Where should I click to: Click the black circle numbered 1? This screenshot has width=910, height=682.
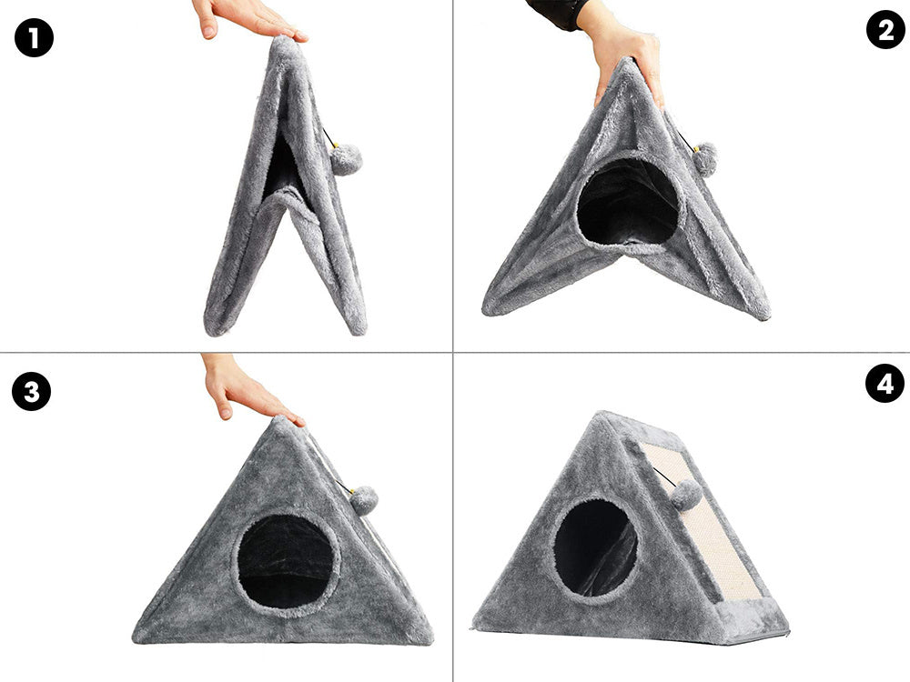(34, 38)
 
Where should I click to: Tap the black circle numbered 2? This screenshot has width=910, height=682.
(885, 30)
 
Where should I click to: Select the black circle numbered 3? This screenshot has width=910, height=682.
(31, 391)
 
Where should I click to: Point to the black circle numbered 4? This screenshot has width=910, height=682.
(885, 384)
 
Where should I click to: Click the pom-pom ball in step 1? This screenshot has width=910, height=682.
(346, 159)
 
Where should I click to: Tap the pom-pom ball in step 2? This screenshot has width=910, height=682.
(704, 159)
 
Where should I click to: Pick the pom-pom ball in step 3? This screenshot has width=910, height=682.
(364, 500)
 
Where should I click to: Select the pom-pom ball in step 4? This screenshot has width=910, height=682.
(687, 495)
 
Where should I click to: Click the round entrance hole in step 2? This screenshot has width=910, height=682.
(628, 201)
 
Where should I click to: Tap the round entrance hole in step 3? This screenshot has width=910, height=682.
(286, 561)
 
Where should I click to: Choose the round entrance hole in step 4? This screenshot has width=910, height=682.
(595, 548)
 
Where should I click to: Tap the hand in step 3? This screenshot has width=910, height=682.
(247, 386)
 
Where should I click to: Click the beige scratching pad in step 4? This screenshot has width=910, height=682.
(704, 522)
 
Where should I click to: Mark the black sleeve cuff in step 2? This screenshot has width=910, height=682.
(557, 13)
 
